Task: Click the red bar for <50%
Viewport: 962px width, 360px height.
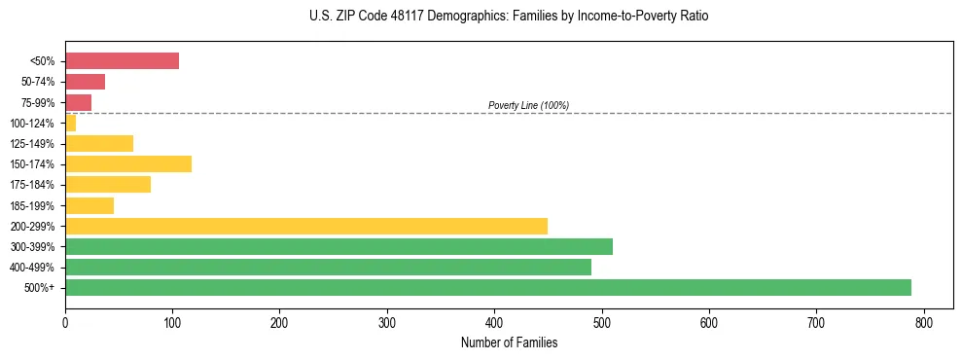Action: click(122, 61)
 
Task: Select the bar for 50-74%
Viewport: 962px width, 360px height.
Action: click(85, 82)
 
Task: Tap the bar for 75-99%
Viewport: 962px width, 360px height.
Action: click(78, 102)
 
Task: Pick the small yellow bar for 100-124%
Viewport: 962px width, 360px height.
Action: click(70, 123)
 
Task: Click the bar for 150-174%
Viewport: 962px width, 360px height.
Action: click(128, 163)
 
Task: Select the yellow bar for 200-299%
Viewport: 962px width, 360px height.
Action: click(306, 226)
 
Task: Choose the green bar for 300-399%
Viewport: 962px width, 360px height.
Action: click(338, 246)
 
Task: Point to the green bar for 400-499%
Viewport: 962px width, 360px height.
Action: click(328, 267)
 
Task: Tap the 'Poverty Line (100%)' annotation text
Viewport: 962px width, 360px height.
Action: click(528, 105)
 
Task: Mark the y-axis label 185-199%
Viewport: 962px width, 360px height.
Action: click(32, 205)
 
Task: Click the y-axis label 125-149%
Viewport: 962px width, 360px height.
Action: click(32, 143)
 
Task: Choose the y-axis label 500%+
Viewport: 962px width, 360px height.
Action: click(39, 288)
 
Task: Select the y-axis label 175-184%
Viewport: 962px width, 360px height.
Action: click(32, 185)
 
